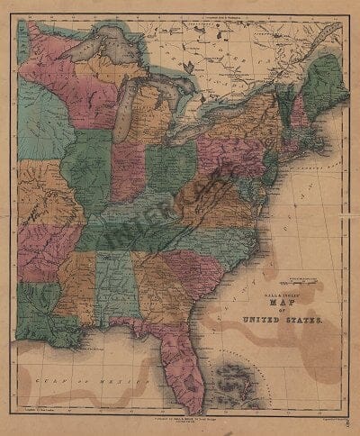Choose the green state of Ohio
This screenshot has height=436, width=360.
pyautogui.click(x=172, y=163)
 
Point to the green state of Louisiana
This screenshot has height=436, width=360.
pyautogui.click(x=45, y=307)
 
